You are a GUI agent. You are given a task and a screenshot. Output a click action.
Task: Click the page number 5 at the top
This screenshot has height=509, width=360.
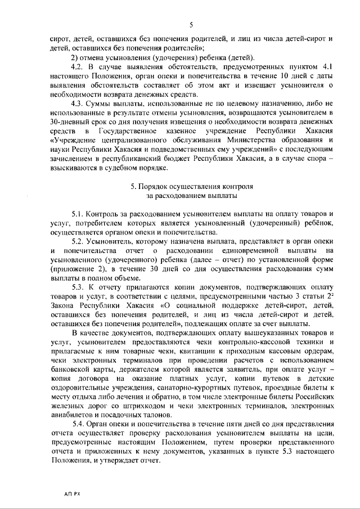point(191,25)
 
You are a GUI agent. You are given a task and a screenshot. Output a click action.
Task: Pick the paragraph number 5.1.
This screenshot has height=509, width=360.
point(79,214)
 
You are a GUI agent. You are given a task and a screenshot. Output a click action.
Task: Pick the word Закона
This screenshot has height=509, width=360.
point(63,304)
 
